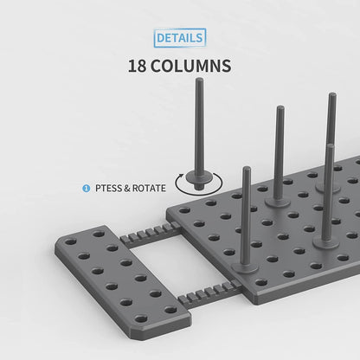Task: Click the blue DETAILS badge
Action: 180,38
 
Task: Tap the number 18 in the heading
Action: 139,66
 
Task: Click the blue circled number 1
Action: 86,186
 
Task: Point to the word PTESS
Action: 110,186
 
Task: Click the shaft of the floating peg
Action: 201,130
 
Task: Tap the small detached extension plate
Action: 121,277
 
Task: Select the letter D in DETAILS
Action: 161,38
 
